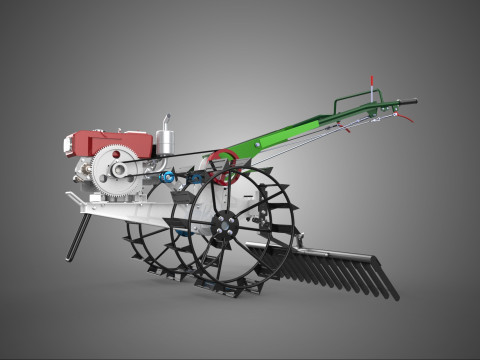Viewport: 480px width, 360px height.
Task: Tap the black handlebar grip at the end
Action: (405, 100)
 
